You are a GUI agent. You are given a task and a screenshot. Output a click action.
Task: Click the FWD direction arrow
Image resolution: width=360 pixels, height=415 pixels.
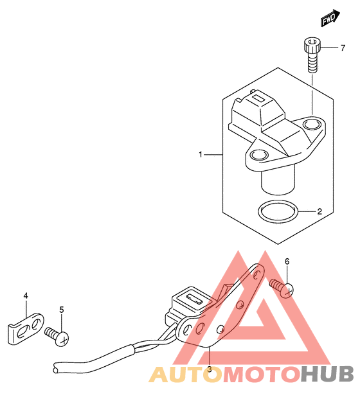tap(330, 18)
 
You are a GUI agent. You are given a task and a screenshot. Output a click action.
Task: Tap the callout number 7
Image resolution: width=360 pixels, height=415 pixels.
tap(343, 48)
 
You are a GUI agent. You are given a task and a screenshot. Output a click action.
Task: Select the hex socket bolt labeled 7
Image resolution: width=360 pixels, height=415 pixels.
tap(312, 55)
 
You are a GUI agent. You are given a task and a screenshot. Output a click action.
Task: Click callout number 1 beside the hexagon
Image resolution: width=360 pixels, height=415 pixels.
tap(201, 154)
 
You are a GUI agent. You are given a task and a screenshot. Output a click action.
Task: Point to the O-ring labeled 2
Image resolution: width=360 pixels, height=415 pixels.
tap(278, 211)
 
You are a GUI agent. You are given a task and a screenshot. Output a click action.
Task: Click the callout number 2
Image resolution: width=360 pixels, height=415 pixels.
tap(319, 211)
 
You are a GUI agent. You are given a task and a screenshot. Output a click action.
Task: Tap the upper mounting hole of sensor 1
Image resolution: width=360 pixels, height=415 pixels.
tap(312, 124)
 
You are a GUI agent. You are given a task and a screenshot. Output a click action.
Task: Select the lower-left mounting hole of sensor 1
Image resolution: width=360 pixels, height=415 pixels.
tap(259, 155)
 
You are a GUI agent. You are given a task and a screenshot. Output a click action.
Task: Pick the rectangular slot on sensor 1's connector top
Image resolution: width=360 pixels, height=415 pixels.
tap(258, 98)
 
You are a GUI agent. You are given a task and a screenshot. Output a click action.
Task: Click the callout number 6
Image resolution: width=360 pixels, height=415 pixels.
tap(287, 261)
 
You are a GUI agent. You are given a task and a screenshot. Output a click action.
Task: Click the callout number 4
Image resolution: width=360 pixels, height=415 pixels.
tap(26, 296)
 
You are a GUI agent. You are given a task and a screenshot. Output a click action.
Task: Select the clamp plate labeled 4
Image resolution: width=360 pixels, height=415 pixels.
tap(26, 329)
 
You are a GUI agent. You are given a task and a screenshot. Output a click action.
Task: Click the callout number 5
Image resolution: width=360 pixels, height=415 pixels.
tap(62, 310)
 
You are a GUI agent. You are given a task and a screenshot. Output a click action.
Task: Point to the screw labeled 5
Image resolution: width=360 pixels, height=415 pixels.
tap(57, 336)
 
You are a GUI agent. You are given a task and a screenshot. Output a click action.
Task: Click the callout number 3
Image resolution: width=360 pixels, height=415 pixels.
tap(210, 369)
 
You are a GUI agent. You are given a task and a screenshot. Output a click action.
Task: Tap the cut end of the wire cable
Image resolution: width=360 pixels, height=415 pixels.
tap(55, 367)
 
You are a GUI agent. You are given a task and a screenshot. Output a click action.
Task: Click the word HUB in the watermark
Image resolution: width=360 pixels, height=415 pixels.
tap(327, 374)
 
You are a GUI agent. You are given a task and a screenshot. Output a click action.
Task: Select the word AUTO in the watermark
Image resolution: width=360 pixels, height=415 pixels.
tap(185, 374)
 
